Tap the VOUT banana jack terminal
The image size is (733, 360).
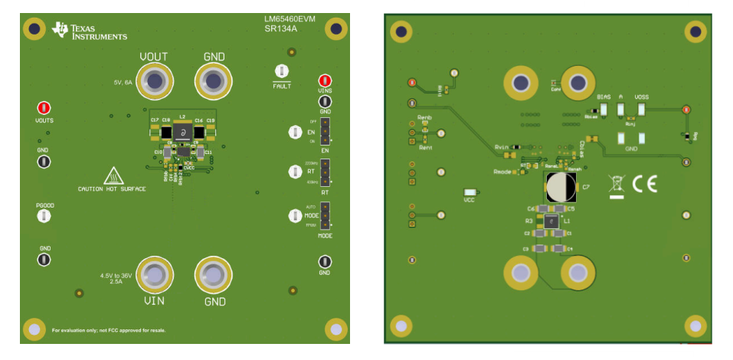[154, 81]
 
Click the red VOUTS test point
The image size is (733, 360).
[44, 108]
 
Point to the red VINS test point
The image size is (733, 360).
[325, 80]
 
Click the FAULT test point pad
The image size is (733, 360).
[281, 72]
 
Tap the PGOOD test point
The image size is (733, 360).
[44, 217]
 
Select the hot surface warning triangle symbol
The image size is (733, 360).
[113, 175]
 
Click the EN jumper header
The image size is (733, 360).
[325, 132]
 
